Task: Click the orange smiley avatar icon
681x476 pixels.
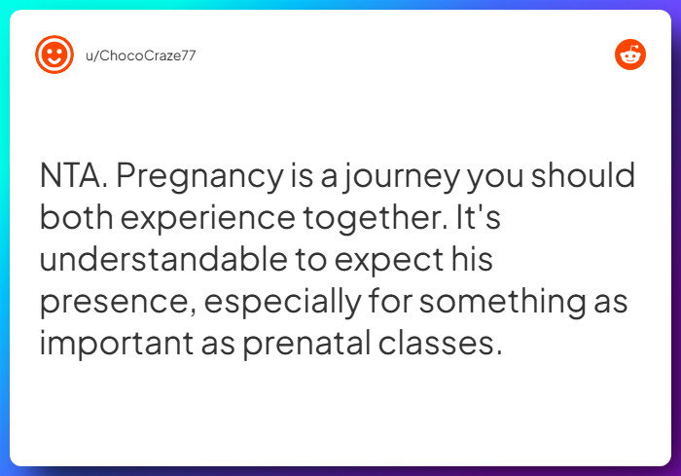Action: coord(54,55)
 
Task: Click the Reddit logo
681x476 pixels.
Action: coord(630,55)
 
